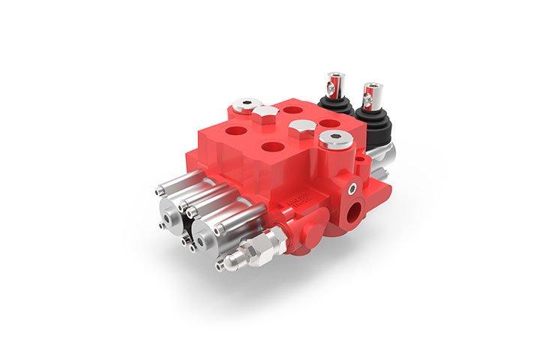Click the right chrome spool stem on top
[368, 94]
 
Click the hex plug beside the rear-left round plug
[266, 113]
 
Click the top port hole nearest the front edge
[271, 148]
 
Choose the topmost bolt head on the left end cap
[160, 191]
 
